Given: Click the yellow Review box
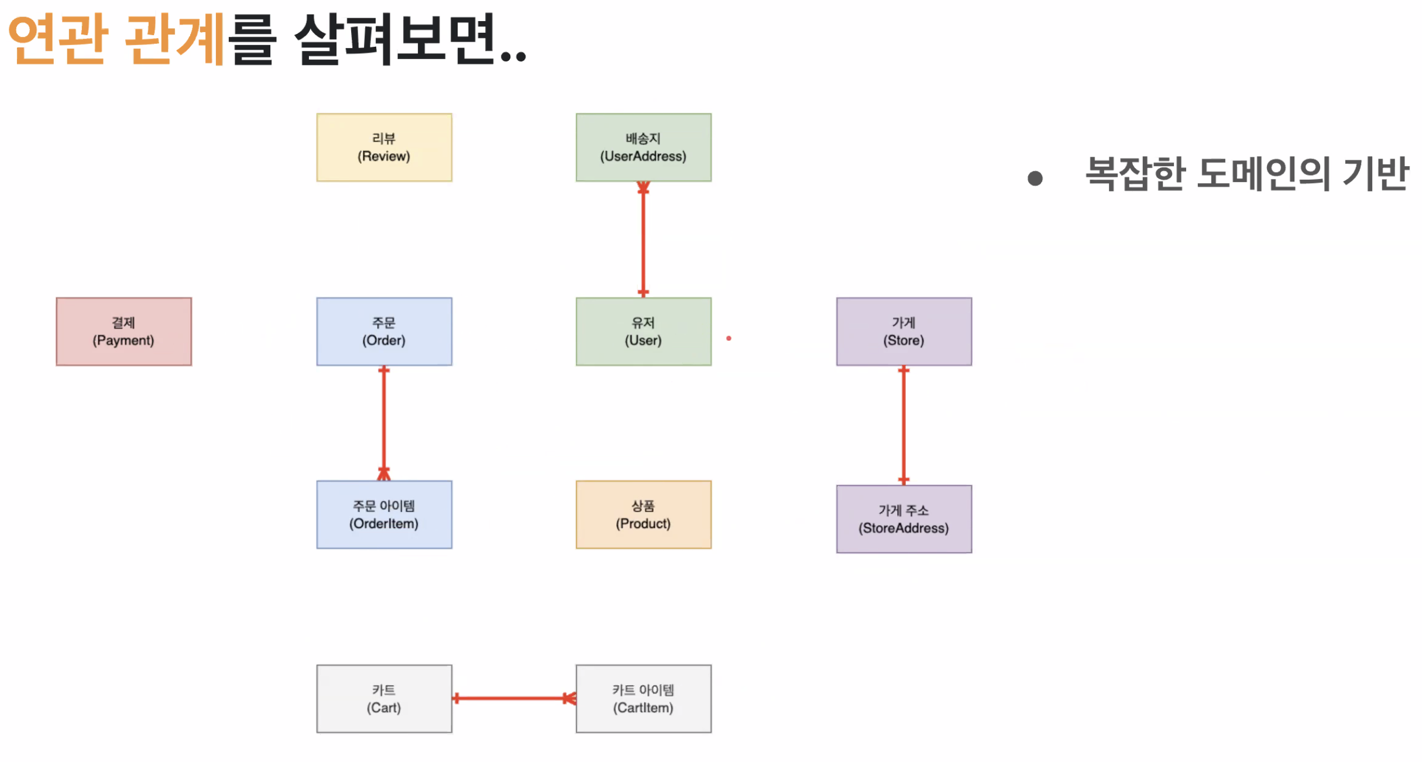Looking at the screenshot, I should (384, 147).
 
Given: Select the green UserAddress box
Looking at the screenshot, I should (643, 147).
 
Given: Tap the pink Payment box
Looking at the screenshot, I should (123, 331).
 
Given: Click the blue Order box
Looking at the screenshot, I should (384, 331).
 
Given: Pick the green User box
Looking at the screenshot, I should (643, 331).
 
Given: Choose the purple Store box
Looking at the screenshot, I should (904, 331).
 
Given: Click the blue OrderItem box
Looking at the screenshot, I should (384, 514).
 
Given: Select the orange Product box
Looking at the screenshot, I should (643, 514).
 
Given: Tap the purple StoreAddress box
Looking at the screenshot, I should (904, 519).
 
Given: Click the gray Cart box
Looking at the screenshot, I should (384, 698).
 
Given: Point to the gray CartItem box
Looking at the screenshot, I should (643, 698).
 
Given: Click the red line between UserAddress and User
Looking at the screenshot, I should (643, 240).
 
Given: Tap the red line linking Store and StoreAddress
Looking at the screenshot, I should (904, 425).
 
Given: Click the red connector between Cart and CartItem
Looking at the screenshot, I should (513, 698).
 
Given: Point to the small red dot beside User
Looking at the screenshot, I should (729, 338).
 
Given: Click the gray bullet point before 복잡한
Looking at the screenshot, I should (1035, 179).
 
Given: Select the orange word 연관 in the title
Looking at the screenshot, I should (57, 40).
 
